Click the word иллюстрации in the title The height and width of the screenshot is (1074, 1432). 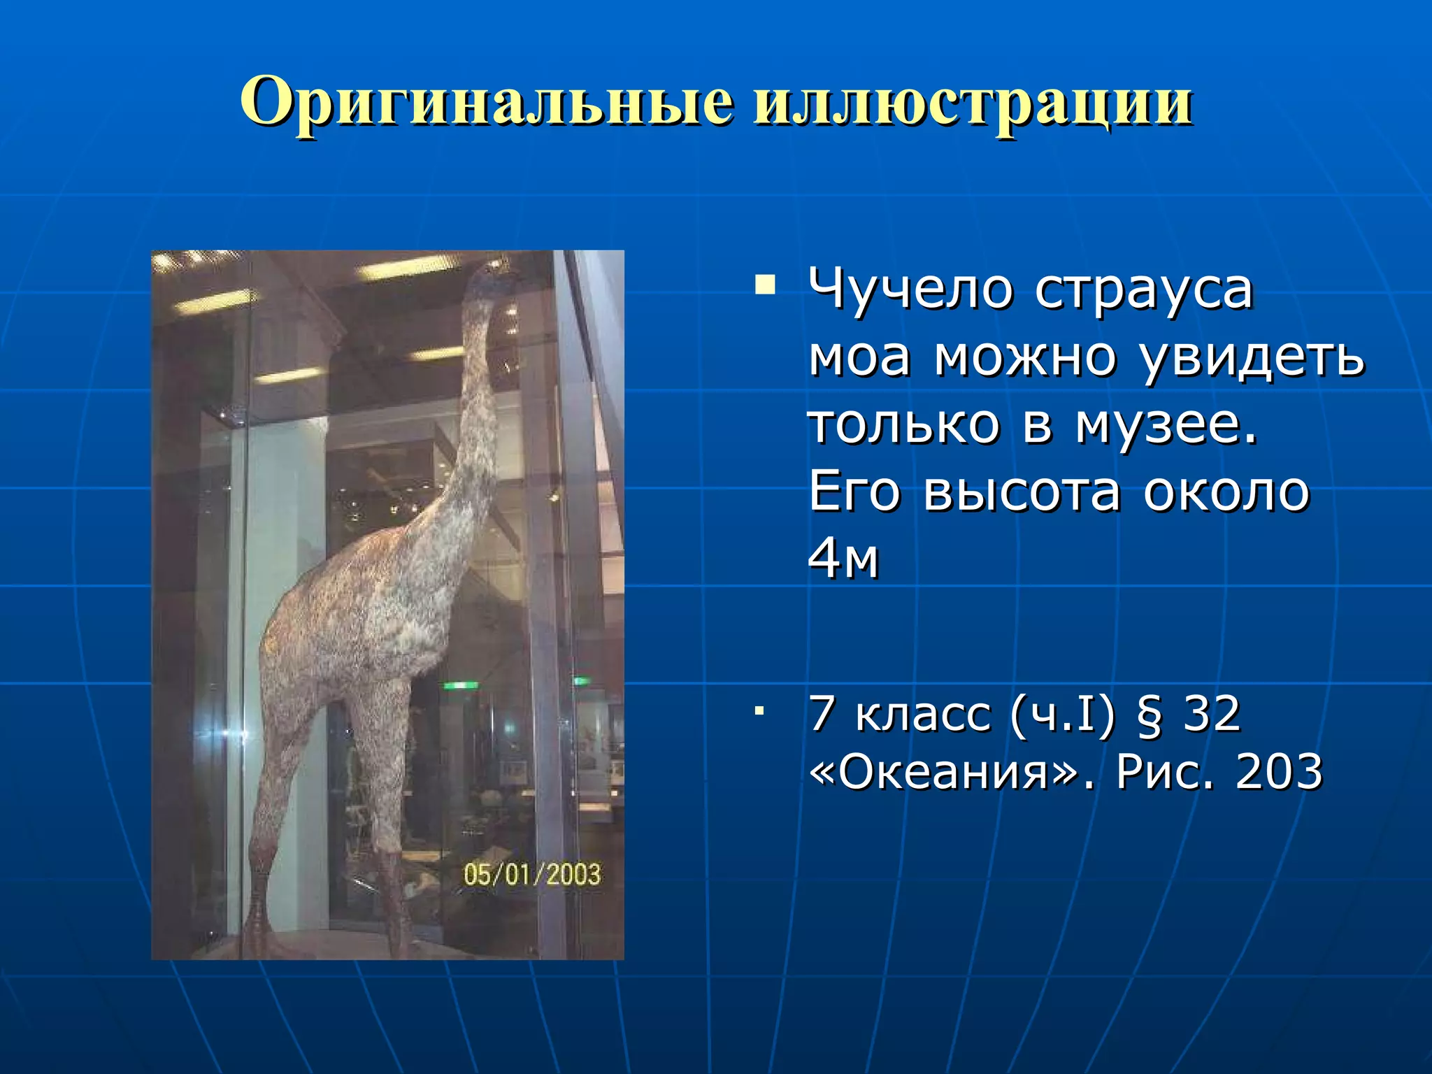(973, 103)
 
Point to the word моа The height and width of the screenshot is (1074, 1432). (859, 357)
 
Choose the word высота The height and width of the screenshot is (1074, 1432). (1022, 491)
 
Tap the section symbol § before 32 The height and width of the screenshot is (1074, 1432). (1149, 715)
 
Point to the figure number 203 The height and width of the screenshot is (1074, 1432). (1279, 772)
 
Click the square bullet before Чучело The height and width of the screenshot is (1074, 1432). (765, 286)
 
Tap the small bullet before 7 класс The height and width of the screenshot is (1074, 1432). (758, 711)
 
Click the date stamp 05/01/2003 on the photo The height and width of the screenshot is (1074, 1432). (532, 874)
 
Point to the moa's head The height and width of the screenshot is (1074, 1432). (489, 276)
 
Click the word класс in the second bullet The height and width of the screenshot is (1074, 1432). (923, 715)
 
